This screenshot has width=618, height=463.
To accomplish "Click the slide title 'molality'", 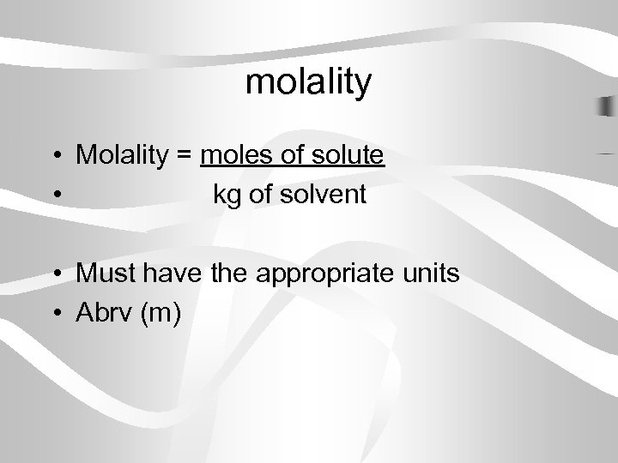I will click(309, 82).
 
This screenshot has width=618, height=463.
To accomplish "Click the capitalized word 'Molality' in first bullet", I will click(124, 155).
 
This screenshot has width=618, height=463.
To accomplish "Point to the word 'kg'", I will click(227, 195).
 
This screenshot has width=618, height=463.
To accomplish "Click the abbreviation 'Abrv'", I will click(103, 314).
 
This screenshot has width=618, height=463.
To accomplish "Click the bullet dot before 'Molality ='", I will click(55, 156).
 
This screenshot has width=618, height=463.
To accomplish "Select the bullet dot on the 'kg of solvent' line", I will click(55, 195).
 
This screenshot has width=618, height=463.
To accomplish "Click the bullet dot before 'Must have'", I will click(55, 274).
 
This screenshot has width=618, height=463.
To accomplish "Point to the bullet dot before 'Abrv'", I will click(55, 314).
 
